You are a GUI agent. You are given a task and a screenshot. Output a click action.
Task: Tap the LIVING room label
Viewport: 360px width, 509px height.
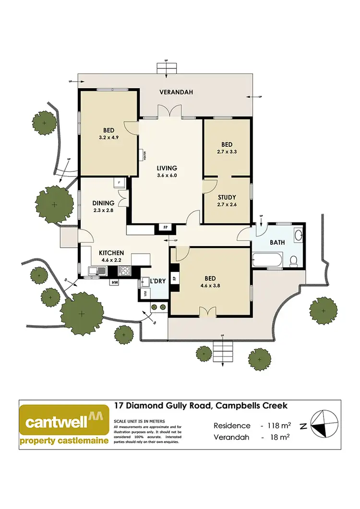pyautogui.click(x=167, y=168)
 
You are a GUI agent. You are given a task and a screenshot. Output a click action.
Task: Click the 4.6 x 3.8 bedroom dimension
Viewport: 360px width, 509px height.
pyautogui.click(x=210, y=287)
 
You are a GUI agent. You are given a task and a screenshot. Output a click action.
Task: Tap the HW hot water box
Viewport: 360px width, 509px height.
pyautogui.click(x=115, y=283)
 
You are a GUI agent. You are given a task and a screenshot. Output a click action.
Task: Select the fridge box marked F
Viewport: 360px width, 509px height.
pyautogui.click(x=119, y=183)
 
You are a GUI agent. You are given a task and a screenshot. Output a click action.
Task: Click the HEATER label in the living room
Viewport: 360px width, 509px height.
pyautogui.click(x=144, y=156)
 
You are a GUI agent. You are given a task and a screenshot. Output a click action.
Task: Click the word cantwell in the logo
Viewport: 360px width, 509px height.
pyautogui.click(x=57, y=422)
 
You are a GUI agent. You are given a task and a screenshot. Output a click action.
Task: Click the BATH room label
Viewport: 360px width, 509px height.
pyautogui.click(x=277, y=243)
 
